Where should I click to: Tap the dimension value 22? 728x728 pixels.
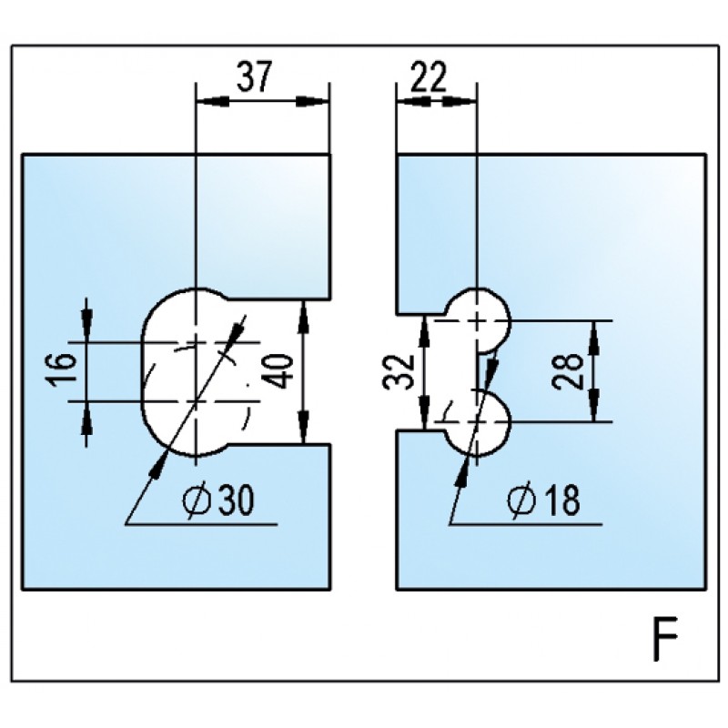click(427, 77)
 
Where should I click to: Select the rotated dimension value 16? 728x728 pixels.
click(63, 371)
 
